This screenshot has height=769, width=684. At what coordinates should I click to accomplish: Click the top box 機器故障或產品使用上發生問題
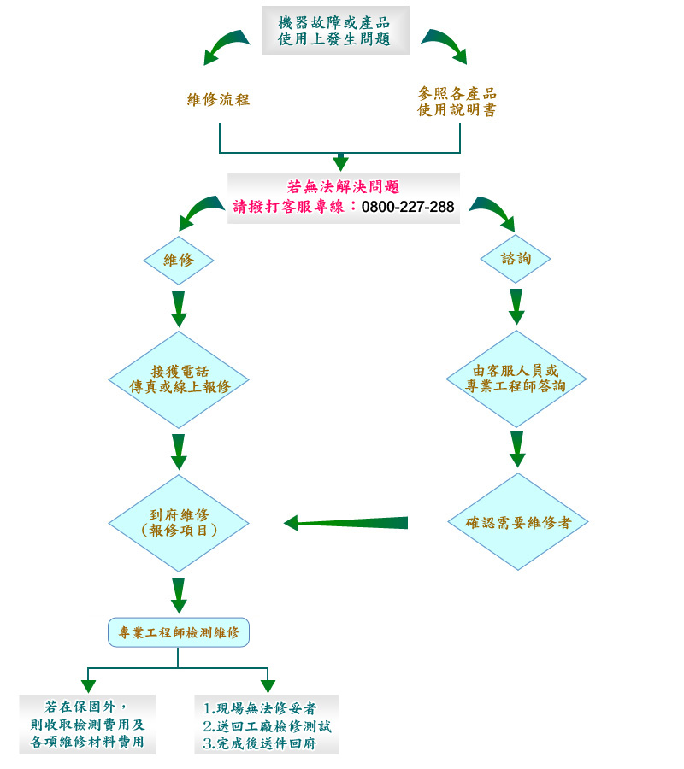click(335, 31)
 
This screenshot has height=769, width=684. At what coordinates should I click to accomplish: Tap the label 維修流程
click(218, 99)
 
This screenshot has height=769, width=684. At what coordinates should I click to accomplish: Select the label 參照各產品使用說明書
click(457, 102)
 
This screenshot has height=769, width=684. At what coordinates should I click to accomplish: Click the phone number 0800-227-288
click(408, 207)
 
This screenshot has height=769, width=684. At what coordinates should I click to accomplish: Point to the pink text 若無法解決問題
click(344, 187)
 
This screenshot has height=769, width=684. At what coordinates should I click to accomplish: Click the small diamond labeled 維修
click(178, 260)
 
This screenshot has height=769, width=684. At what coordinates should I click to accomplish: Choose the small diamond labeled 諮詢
click(515, 258)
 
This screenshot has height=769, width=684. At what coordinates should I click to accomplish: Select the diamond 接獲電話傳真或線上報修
click(179, 379)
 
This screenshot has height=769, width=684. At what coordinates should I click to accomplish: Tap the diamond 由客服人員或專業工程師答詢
click(516, 379)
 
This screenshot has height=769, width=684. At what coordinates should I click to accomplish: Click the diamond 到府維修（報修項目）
click(179, 523)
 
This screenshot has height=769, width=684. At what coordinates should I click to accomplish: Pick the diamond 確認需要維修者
click(517, 522)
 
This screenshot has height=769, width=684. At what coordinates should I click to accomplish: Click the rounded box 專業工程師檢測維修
click(179, 632)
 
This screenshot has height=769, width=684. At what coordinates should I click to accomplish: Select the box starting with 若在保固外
click(87, 725)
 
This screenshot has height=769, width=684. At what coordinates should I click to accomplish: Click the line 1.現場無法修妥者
click(260, 708)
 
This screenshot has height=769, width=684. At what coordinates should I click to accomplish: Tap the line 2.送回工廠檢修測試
click(267, 726)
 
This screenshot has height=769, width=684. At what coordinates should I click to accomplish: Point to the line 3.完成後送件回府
click(260, 744)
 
